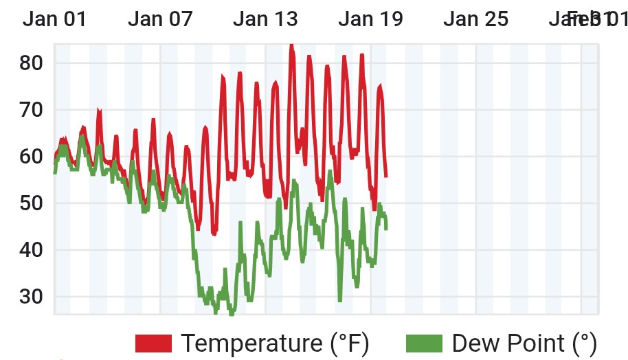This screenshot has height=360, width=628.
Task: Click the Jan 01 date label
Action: pyautogui.click(x=55, y=19)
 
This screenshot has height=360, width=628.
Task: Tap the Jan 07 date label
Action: pyautogui.click(x=160, y=19)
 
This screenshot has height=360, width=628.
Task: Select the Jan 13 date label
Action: pyautogui.click(x=265, y=19)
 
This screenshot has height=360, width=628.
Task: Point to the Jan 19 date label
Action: pyautogui.click(x=370, y=19)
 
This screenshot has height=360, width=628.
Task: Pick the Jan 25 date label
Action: pyautogui.click(x=475, y=19)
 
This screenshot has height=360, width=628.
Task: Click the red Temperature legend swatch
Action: pyautogui.click(x=153, y=342)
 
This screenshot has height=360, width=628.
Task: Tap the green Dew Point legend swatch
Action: pyautogui.click(x=425, y=342)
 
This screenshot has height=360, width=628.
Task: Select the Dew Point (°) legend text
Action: pyautogui.click(x=524, y=342)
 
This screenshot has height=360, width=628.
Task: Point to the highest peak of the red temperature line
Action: pyautogui.click(x=291, y=45)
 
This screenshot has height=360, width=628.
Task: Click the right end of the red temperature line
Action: pyautogui.click(x=386, y=177)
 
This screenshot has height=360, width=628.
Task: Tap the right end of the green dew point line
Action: pyautogui.click(x=386, y=228)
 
